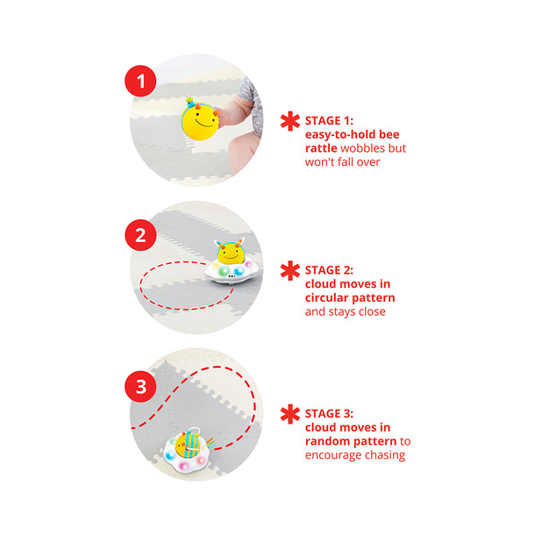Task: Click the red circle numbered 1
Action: (140, 81)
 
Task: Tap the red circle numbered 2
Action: (140, 235)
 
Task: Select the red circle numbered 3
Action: (140, 387)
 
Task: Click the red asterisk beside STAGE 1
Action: (290, 121)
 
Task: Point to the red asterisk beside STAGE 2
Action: (290, 271)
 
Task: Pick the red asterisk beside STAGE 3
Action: (290, 414)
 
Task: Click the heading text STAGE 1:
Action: (329, 121)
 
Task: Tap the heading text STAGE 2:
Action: (329, 270)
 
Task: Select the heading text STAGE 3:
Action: (329, 414)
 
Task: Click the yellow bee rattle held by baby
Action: (200, 119)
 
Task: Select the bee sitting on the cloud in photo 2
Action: (231, 252)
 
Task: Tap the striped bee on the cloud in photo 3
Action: (188, 445)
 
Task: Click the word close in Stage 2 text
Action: (372, 311)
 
